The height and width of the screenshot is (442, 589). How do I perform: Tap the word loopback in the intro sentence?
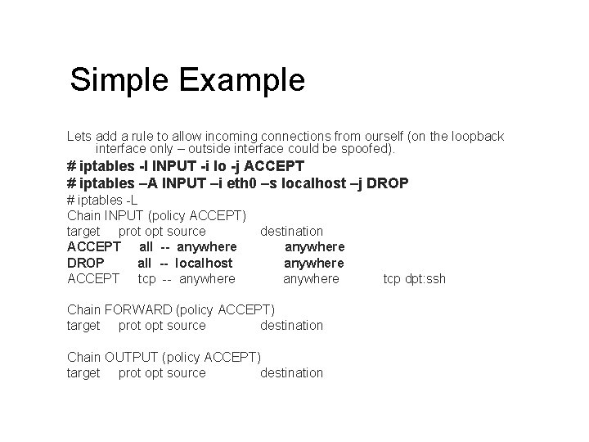[474, 136]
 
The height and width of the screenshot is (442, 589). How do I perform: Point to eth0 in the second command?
[242, 183]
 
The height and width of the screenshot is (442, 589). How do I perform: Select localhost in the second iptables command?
[312, 183]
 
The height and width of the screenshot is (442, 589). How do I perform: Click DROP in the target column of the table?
[85, 263]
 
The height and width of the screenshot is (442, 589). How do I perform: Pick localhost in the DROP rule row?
[204, 263]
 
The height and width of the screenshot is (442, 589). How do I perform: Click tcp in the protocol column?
[146, 279]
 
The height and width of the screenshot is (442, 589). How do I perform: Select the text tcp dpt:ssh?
[415, 279]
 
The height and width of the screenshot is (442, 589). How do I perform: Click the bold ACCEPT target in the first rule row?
[94, 247]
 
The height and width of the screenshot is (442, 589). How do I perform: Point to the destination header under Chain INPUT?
[291, 232]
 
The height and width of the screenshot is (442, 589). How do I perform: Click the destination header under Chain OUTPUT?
[291, 373]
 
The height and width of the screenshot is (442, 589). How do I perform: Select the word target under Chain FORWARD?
[83, 326]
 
